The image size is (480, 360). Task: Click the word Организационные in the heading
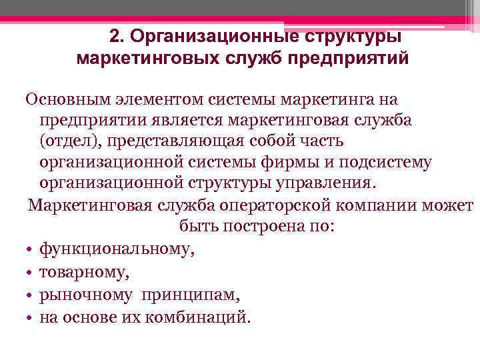coord(207,35)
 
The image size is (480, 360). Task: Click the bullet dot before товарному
coord(31,272)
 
